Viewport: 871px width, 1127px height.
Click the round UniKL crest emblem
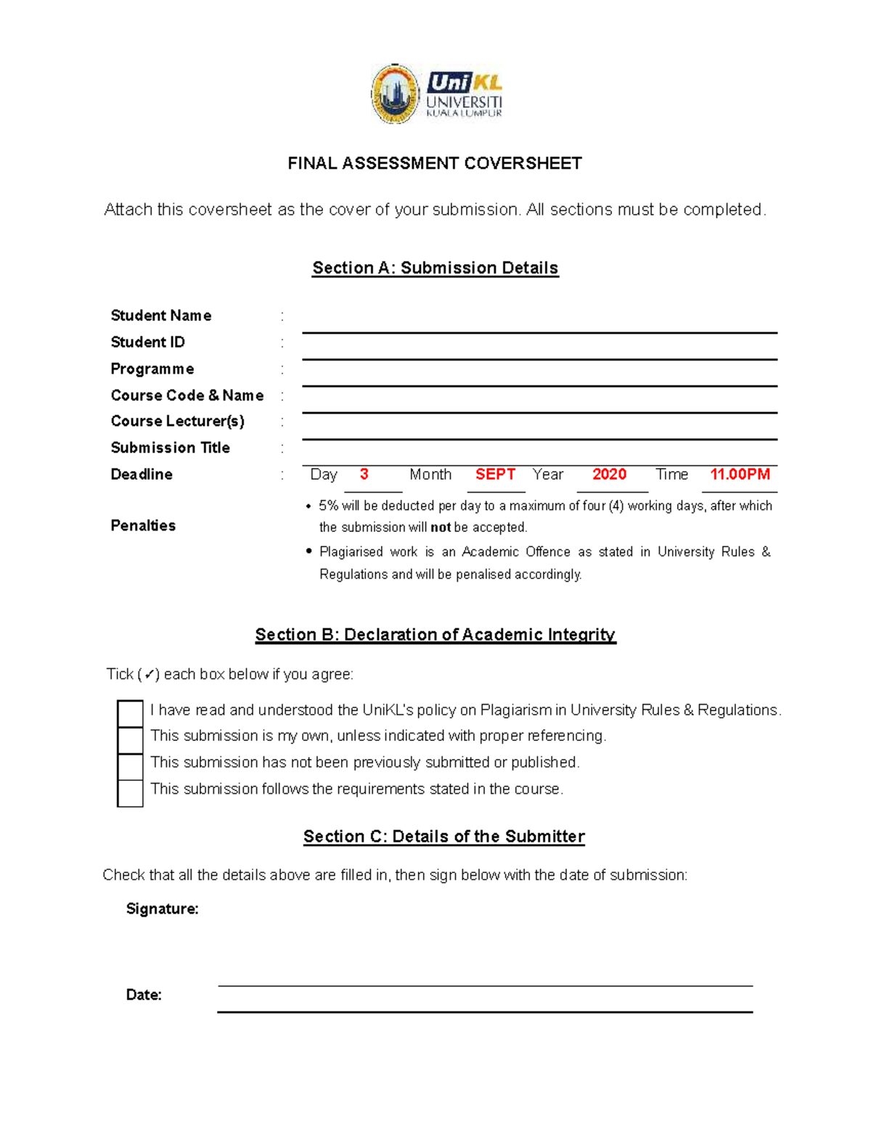[x=396, y=94]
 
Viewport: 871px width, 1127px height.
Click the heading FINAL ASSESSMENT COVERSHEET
[x=435, y=163]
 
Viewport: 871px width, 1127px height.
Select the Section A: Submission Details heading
[x=435, y=268]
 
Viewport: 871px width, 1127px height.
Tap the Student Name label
[x=161, y=316]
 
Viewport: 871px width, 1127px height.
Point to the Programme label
[x=152, y=369]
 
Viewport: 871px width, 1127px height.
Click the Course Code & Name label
[x=187, y=396]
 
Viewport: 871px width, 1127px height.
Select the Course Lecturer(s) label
[x=178, y=421]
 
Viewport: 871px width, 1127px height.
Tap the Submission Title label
[x=171, y=448]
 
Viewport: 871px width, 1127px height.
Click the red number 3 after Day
[x=364, y=475]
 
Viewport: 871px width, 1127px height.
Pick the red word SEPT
[x=495, y=475]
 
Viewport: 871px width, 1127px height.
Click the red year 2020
[x=609, y=475]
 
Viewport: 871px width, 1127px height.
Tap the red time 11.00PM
[x=740, y=475]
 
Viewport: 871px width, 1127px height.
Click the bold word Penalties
[x=143, y=525]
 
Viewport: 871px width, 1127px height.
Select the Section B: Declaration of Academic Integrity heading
[x=435, y=635]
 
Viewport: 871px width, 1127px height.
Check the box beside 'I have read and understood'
[x=131, y=713]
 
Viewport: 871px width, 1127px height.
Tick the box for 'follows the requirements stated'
[x=131, y=792]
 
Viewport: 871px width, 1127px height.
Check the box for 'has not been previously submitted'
[x=131, y=766]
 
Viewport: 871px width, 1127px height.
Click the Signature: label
[x=162, y=909]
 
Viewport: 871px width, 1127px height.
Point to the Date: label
[x=144, y=995]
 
